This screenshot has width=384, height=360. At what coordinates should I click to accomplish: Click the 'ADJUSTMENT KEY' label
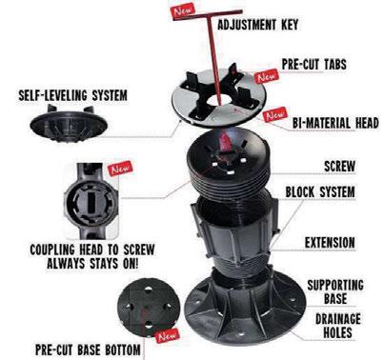(x=257, y=25)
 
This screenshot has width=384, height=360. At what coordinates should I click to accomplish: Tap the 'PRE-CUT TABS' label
(x=313, y=65)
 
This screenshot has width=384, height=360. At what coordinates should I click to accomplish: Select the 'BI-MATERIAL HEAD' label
(x=335, y=123)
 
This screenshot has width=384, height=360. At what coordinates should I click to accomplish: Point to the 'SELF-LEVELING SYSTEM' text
(x=72, y=95)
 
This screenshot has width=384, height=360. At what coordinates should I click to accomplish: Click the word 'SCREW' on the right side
(x=339, y=167)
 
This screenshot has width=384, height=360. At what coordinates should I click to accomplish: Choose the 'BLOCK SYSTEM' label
(x=320, y=192)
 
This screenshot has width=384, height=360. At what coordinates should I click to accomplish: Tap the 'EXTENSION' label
(x=330, y=243)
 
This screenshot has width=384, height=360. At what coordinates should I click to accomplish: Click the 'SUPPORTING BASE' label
(x=335, y=291)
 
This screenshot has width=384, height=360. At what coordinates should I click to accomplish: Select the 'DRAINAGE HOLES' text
(x=338, y=326)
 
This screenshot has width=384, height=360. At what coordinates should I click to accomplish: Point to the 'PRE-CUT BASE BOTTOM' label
(x=88, y=350)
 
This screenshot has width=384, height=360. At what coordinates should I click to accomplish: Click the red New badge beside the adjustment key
(x=183, y=11)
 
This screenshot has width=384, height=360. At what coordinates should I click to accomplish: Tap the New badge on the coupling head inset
(x=121, y=169)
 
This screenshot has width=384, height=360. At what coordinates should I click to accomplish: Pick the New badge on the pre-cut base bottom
(x=168, y=336)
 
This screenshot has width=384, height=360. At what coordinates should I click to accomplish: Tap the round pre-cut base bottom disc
(x=149, y=307)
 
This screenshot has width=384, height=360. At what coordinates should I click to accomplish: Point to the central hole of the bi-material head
(x=220, y=99)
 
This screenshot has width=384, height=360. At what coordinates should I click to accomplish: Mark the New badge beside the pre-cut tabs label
(x=268, y=76)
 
